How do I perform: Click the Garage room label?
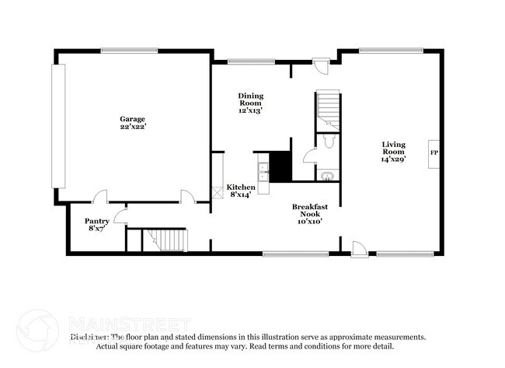[133, 119]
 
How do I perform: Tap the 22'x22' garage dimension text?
[133, 127]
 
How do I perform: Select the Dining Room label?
[250, 100]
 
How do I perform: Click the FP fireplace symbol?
[434, 152]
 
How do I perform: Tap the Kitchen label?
[240, 188]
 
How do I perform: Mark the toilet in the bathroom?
[329, 142]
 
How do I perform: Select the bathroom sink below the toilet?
[327, 175]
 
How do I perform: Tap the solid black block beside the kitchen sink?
[280, 166]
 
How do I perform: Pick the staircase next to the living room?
[328, 110]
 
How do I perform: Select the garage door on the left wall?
[57, 125]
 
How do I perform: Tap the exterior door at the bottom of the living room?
[358, 249]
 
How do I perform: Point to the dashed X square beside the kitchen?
[218, 192]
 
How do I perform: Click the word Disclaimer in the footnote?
[89, 337]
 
